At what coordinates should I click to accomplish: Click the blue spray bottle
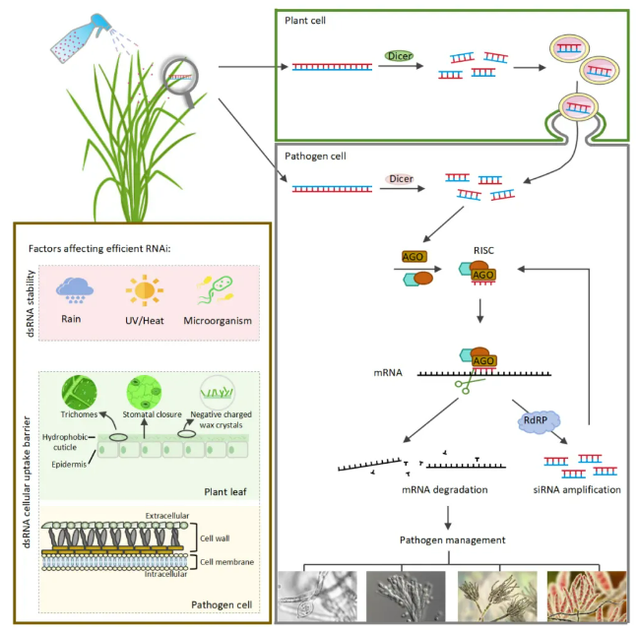pos(81,38)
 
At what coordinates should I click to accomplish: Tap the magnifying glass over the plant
pos(182,81)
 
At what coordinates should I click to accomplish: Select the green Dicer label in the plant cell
pos(399,56)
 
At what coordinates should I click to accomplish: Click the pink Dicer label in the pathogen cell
pos(400,178)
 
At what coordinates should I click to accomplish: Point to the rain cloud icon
pos(75,290)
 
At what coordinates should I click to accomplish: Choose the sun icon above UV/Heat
pos(145,290)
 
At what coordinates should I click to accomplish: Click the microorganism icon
pos(216,289)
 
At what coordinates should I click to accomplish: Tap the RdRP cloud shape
pos(539,421)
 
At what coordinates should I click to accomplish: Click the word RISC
pos(483,250)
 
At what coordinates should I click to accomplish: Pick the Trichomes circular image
pos(79,393)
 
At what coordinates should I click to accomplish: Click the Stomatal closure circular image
pos(144,393)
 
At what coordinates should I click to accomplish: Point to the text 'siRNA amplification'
pos(577,489)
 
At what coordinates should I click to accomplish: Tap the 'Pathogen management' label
pos(452,540)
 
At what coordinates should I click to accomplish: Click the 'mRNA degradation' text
pos(444,489)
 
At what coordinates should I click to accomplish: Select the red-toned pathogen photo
pos(587,596)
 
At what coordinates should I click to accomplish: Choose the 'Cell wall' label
pos(215,538)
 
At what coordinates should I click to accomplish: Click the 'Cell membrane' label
pos(226,562)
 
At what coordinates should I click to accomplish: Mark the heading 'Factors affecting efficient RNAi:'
pos(99,249)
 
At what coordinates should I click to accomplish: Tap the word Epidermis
pos(69,465)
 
